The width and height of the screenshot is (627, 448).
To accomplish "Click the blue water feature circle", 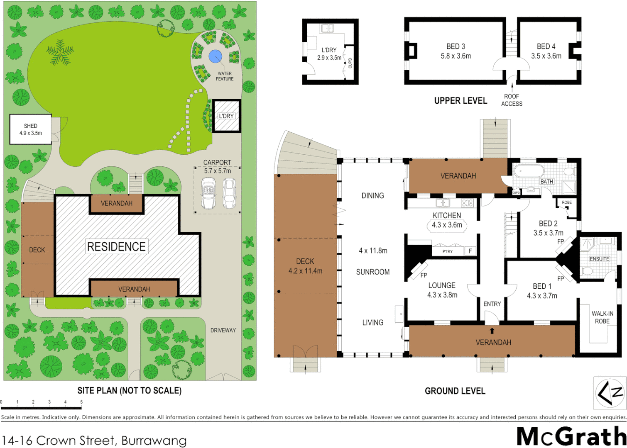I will click(215, 56).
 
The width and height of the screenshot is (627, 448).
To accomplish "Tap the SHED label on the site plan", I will click(30, 126).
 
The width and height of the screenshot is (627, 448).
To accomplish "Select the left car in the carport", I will click(208, 193).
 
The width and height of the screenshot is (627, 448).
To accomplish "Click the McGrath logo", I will click(571, 436).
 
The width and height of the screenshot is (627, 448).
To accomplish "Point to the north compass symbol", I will click(610, 393).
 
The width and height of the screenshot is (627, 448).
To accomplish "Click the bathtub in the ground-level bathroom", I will click(529, 171).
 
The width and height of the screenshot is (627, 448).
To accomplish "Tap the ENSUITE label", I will click(599, 259).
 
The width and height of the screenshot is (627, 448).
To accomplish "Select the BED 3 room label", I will click(456, 46).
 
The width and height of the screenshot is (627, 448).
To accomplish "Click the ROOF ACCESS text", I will click(512, 100).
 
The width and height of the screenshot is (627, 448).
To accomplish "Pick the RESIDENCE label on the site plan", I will click(116, 247).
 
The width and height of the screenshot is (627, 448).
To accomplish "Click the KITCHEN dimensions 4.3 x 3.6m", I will click(447, 225).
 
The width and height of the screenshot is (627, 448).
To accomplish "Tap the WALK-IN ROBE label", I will click(602, 317).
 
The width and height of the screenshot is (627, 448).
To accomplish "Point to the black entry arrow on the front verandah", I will click(492, 331).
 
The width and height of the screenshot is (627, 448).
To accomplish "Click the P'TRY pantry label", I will click(447, 251).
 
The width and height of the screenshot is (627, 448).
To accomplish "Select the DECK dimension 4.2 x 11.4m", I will click(305, 271).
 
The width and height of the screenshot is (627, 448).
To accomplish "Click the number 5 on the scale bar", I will click(81, 402).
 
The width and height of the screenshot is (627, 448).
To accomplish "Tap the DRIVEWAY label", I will click(223, 330).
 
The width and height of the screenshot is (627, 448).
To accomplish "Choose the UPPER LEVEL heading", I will click(460, 101).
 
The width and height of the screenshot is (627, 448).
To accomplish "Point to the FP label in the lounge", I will click(424, 275).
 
